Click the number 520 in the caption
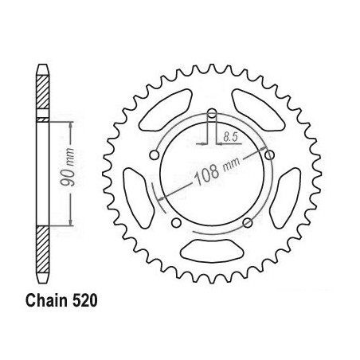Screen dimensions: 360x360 84,301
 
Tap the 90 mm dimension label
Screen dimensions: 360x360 68,166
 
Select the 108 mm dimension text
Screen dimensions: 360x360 217,170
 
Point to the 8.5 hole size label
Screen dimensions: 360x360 230,137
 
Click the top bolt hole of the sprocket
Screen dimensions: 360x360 212,114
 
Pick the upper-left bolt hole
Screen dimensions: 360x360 155,155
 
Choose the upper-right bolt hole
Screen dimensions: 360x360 269,155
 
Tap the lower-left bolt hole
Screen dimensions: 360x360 176,223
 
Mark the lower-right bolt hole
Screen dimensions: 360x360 248,222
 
